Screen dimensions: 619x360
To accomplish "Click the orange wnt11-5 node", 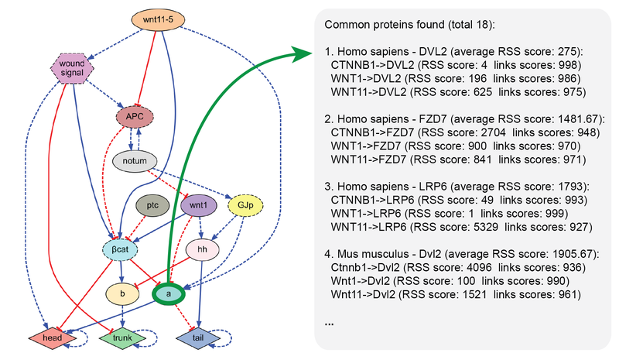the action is [x=158, y=19].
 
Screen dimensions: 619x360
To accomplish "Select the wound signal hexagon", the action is [x=72, y=68].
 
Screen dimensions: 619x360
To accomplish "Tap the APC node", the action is [x=135, y=117].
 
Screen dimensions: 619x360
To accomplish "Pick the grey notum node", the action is [x=135, y=161].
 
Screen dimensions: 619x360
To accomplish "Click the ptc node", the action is [x=152, y=205].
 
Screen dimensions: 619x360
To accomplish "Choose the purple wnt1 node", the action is [x=198, y=205].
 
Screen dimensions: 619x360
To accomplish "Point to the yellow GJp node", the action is [x=245, y=205].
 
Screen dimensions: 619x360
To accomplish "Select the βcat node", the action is [x=120, y=249].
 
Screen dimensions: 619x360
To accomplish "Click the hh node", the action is [x=202, y=249].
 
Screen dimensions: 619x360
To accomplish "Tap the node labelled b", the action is [x=122, y=293].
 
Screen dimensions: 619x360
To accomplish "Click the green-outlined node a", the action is [x=169, y=294].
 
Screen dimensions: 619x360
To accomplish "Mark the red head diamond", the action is [x=52, y=338].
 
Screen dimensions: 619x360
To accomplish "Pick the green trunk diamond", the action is [x=122, y=338].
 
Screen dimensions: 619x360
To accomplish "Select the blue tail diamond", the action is [x=198, y=338].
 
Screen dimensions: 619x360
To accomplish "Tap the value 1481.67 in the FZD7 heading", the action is [x=577, y=119].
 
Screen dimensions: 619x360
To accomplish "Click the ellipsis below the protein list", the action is [x=330, y=324].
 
